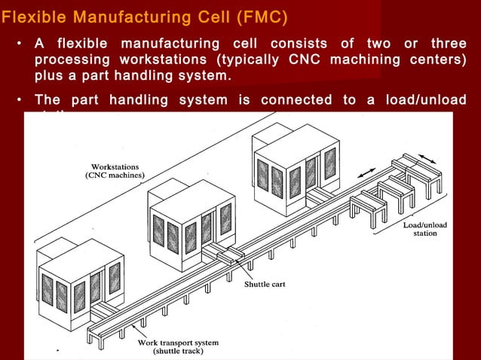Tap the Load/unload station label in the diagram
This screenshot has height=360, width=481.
click(x=424, y=229)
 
